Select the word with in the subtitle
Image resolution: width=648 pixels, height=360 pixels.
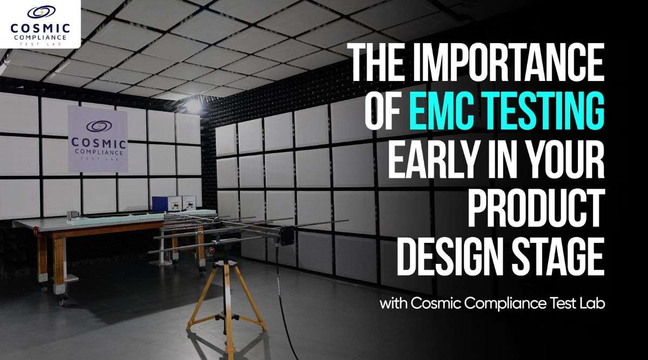[x=393, y=303]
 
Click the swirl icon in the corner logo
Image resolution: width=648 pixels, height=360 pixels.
[x=40, y=11]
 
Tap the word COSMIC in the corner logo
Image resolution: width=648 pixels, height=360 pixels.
[x=40, y=27]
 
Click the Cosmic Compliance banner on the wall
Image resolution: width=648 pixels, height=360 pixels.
[x=98, y=138]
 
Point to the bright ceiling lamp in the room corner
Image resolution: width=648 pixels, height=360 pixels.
[x=193, y=105]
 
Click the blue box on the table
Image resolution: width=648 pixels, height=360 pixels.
[x=163, y=203]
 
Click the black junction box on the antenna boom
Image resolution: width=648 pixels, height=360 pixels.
[x=286, y=235]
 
